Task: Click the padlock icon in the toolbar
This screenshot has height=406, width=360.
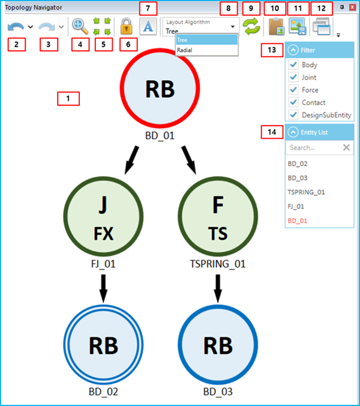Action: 126,26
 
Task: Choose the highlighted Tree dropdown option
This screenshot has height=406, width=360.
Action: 206,40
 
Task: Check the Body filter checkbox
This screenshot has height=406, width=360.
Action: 293,65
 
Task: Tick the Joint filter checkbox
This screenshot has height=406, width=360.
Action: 293,77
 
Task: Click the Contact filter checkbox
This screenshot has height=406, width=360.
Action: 293,103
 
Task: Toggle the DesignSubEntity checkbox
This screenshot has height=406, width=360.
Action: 293,115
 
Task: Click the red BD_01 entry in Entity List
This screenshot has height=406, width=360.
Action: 298,220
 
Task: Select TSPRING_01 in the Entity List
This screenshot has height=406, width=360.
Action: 306,192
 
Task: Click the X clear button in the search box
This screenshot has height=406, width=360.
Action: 346,147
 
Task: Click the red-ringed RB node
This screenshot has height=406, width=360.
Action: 160,89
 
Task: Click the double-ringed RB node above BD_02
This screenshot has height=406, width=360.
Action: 104,345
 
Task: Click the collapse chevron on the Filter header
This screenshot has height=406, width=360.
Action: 293,50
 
